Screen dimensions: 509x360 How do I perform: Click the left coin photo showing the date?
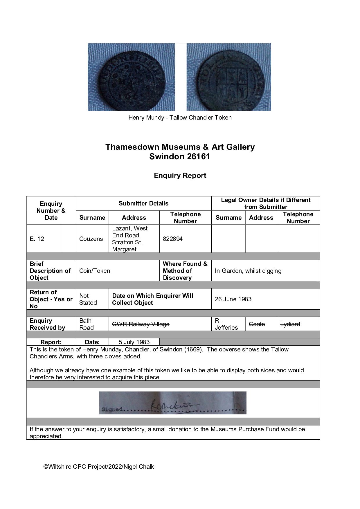pos(131,77)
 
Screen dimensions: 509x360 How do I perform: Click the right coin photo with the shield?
pos(229,77)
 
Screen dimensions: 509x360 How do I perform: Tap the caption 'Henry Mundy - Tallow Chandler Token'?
pos(180,118)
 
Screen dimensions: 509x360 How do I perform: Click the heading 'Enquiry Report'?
pos(180,176)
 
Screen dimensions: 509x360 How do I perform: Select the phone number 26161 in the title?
pos(198,157)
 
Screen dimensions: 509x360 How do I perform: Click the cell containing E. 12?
pos(37,239)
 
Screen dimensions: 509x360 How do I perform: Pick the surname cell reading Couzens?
pos(91,239)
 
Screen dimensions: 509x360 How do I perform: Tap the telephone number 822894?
pos(173,239)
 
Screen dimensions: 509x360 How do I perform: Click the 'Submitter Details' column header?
pos(143,203)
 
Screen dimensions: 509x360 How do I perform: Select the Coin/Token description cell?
pos(95,271)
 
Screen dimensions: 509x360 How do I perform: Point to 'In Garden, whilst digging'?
pos(248,271)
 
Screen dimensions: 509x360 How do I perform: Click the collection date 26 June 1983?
pos(233,299)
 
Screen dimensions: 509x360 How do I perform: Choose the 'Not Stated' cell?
pos(88,299)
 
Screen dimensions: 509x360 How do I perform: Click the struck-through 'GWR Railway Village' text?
pos(141,324)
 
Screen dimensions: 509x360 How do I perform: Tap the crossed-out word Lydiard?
pos(290,324)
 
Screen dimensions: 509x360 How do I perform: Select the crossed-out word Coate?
pos(257,324)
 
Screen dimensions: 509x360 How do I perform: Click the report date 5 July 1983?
pos(134,342)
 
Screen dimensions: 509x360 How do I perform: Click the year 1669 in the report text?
pos(193,349)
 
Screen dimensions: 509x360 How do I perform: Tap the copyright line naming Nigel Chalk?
pos(99,467)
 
